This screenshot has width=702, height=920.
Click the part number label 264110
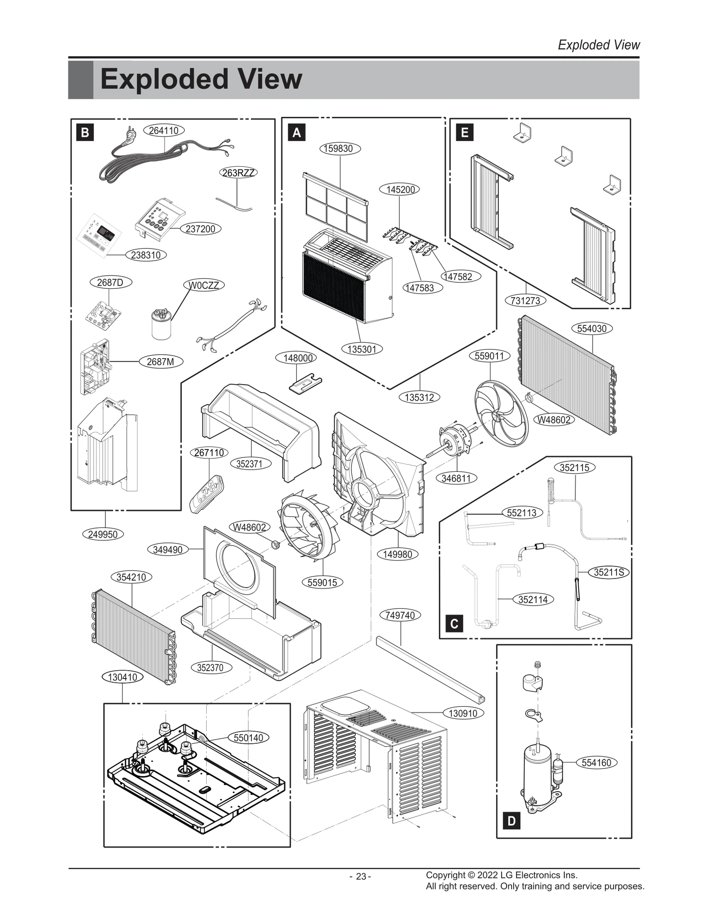pyautogui.click(x=164, y=130)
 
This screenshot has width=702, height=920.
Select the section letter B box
pyautogui.click(x=85, y=132)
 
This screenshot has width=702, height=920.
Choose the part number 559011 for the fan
pyautogui.click(x=489, y=356)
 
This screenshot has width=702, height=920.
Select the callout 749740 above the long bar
pyautogui.click(x=400, y=615)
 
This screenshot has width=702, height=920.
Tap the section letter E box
pyautogui.click(x=465, y=132)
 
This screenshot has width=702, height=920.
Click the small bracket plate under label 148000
pyautogui.click(x=305, y=382)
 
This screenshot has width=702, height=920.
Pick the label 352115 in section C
pyautogui.click(x=574, y=468)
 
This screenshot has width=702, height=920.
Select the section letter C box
pyautogui.click(x=454, y=624)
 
